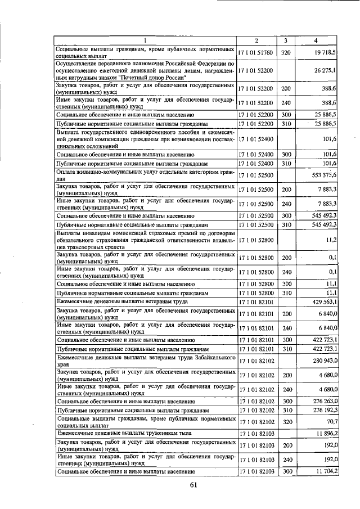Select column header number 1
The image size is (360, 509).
pos(145,40)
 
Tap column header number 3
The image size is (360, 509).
pos(285,40)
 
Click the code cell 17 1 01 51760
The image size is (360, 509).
pos(256,52)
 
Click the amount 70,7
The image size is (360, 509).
pos(328,422)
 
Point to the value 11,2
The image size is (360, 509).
pos(330,240)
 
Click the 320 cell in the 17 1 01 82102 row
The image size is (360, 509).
pos(285,422)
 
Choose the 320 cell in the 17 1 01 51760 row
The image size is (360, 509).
pos(285,52)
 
